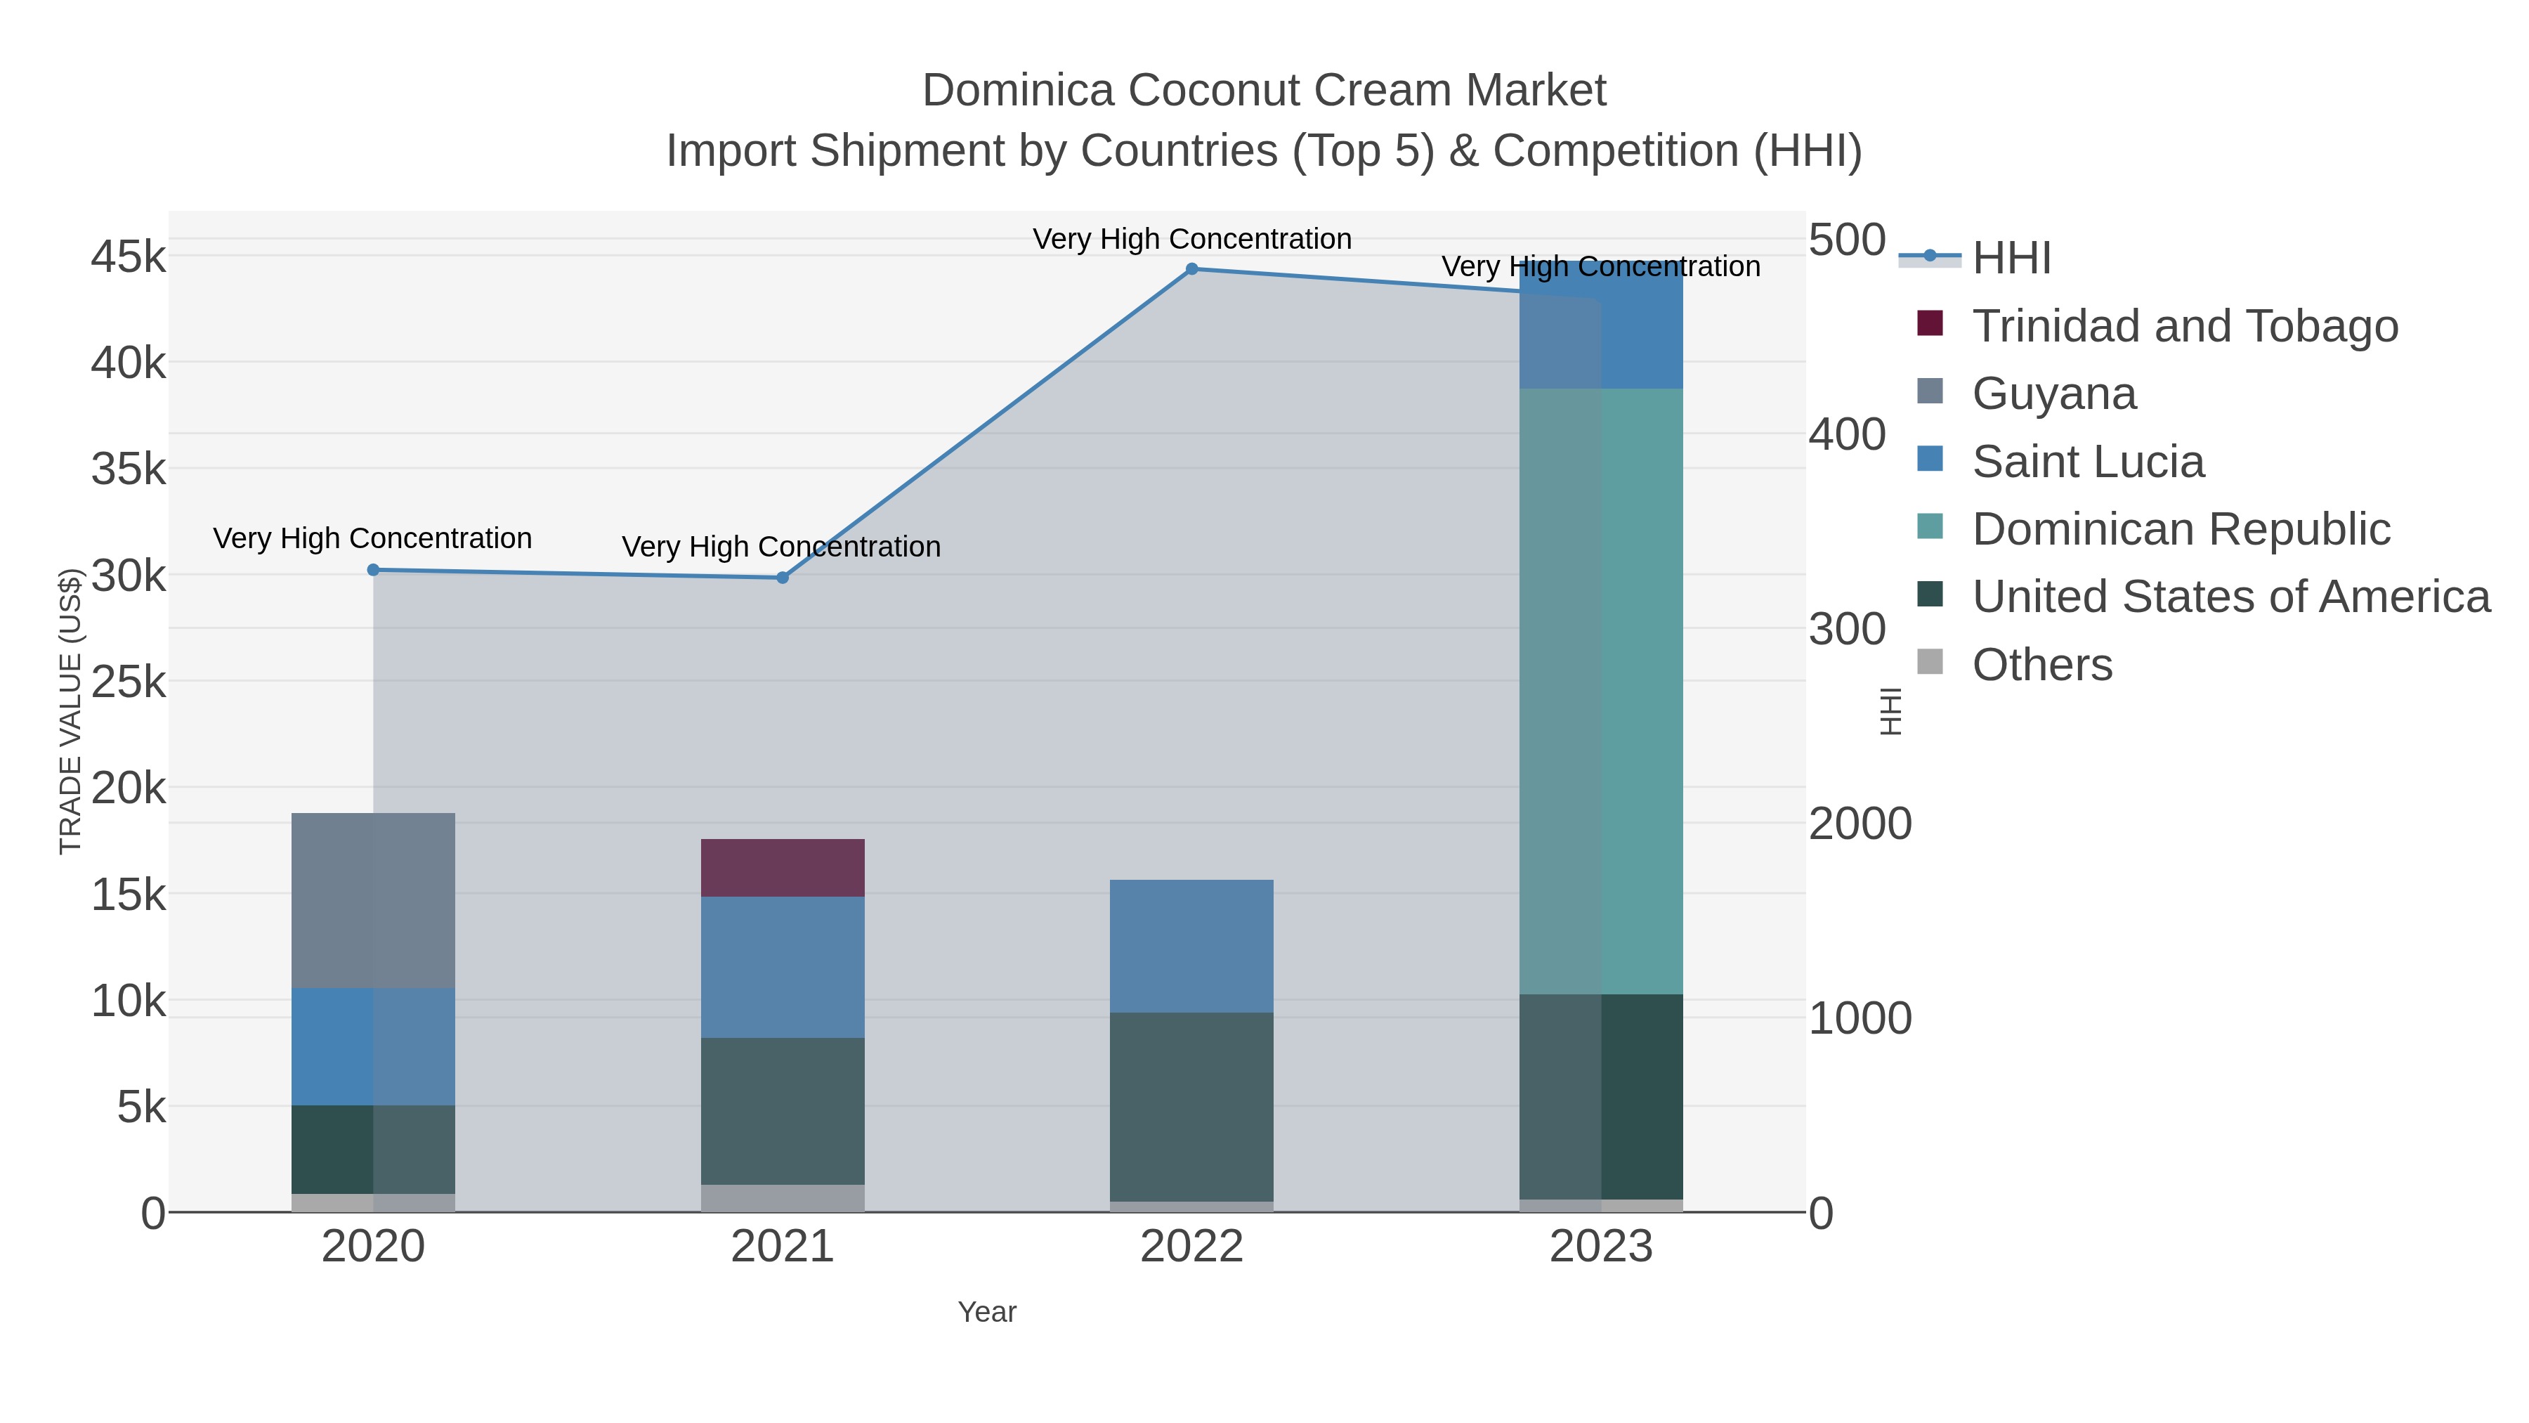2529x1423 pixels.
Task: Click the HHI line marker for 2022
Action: coord(1192,269)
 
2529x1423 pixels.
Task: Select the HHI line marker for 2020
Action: coord(373,570)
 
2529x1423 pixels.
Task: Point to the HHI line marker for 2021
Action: coord(783,578)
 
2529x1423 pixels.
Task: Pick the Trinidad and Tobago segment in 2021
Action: coord(783,867)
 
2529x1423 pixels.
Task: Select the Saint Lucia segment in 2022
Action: coord(1192,946)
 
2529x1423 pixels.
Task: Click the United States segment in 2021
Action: coord(783,1111)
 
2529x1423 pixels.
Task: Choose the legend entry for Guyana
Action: coord(2054,394)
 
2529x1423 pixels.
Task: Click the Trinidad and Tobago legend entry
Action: coord(2184,326)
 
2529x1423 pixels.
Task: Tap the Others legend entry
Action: coord(2042,665)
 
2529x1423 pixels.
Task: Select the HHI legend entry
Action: coord(2011,259)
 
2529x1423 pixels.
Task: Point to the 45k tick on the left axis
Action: coord(129,257)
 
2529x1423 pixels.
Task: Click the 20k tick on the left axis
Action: coord(129,788)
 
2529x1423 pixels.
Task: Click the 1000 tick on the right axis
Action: coord(1860,1018)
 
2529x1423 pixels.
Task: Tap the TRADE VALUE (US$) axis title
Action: coord(71,711)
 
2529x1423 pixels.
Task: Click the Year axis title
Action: coord(987,1312)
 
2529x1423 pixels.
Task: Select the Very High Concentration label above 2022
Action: coord(1192,239)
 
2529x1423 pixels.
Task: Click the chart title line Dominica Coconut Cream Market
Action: coord(1264,91)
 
